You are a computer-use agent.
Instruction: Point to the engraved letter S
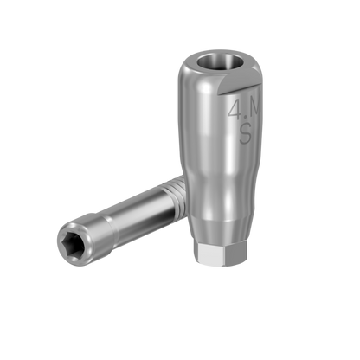tap(245, 135)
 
